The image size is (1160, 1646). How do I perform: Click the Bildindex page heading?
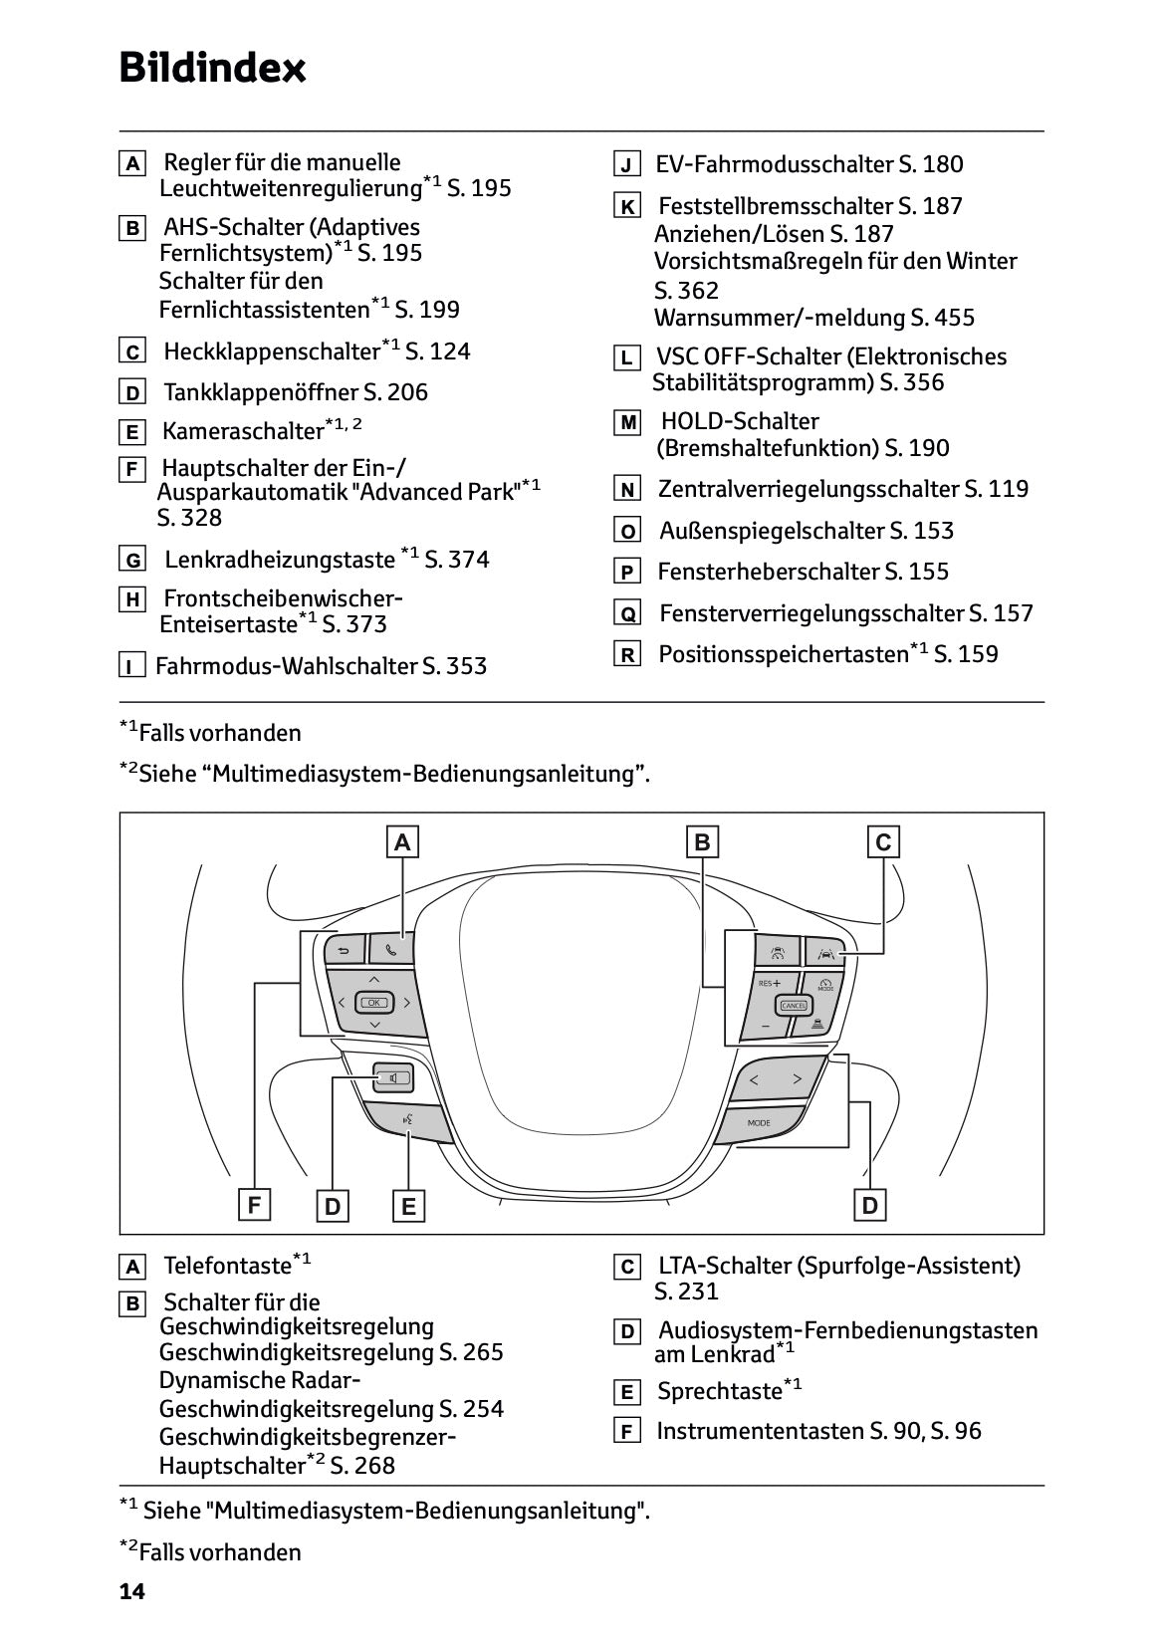click(212, 69)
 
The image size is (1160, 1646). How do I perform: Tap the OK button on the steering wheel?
click(374, 1002)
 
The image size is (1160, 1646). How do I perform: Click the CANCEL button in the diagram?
click(794, 1005)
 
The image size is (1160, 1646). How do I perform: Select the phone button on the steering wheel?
click(390, 949)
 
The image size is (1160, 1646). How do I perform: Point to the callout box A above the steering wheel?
click(402, 842)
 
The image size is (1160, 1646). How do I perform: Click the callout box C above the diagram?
click(883, 842)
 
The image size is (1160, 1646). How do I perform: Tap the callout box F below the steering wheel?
click(255, 1206)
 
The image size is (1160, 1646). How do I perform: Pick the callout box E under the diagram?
click(408, 1207)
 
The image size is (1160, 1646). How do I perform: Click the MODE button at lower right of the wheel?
click(759, 1122)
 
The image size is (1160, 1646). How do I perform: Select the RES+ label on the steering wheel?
click(769, 983)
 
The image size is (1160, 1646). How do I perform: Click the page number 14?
click(132, 1591)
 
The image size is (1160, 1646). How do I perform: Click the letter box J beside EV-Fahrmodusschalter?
click(626, 165)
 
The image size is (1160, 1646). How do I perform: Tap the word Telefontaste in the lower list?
click(227, 1266)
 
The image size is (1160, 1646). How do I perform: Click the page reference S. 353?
click(454, 666)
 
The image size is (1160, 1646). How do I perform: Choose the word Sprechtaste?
click(719, 1391)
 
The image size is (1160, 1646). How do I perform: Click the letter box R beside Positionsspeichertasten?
click(627, 655)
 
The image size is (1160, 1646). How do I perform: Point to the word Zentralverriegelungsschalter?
click(808, 489)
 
